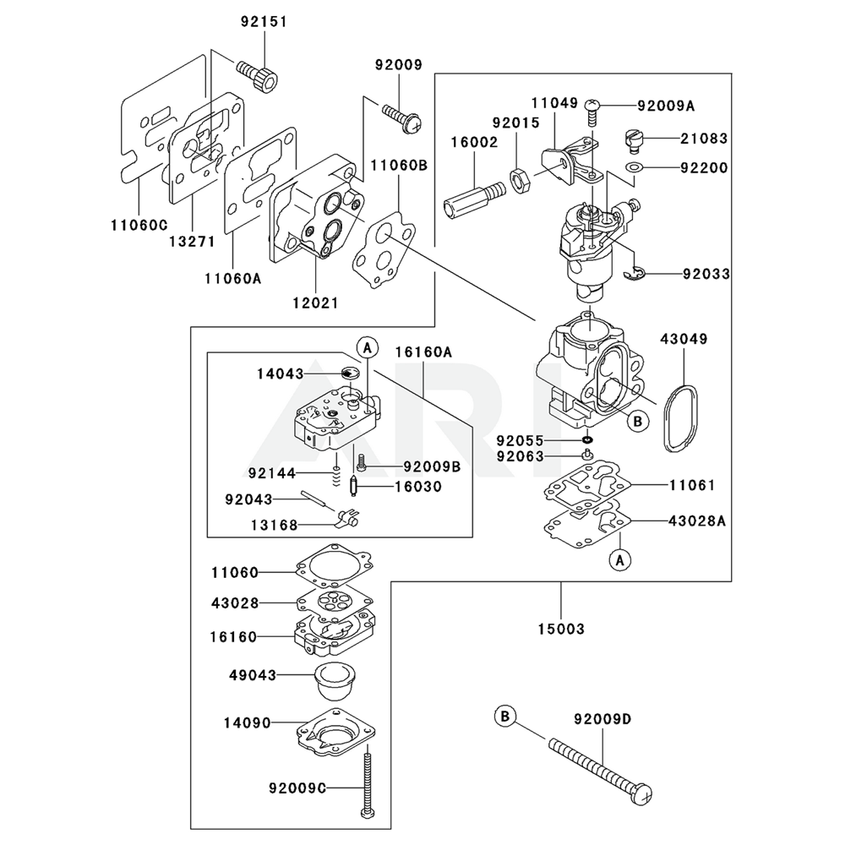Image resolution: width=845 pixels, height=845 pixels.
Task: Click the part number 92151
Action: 264,22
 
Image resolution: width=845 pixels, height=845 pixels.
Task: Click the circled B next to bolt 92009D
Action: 505,717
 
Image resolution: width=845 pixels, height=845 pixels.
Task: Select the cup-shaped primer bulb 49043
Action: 333,681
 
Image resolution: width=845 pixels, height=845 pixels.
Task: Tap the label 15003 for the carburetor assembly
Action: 561,629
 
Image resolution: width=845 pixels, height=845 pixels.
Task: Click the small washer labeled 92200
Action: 635,167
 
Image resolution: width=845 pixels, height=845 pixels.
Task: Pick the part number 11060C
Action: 139,225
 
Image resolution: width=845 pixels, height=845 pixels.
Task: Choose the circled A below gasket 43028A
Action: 619,560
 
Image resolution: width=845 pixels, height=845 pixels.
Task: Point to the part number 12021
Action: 316,303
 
